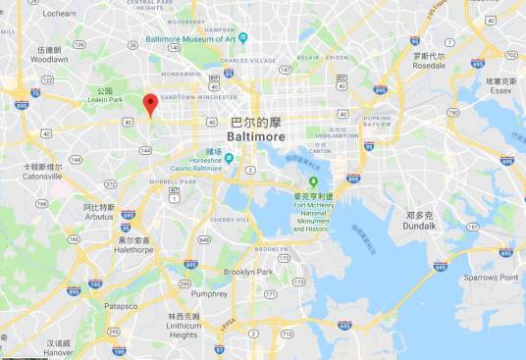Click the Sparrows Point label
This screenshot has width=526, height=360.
(x=492, y=277)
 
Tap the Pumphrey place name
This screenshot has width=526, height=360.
(x=208, y=292)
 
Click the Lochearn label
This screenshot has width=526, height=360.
(x=59, y=14)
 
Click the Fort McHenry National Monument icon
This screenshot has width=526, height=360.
(x=314, y=181)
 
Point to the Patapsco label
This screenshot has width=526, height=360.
(x=121, y=306)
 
